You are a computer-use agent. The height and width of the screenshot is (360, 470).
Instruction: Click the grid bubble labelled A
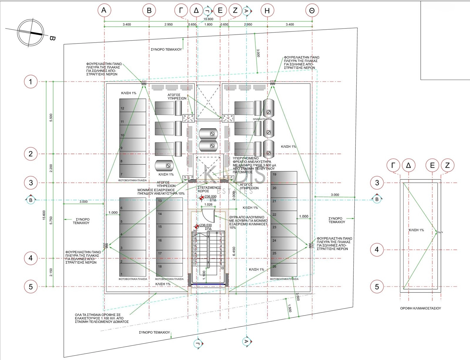[104, 11]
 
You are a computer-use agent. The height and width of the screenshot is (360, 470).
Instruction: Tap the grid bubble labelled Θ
[312, 11]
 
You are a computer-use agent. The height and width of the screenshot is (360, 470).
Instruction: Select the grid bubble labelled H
[267, 11]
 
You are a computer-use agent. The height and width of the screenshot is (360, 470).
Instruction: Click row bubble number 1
[31, 81]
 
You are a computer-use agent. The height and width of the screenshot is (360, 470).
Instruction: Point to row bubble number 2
[31, 154]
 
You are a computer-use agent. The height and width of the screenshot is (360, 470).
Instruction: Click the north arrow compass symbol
[30, 33]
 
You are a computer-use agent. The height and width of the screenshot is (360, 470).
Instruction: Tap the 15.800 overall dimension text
[208, 19]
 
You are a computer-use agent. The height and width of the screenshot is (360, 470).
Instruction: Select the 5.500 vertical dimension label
[51, 118]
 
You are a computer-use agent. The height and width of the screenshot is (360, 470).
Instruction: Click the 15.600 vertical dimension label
[44, 215]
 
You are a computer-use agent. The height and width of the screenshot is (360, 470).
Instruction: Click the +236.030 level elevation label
[205, 225]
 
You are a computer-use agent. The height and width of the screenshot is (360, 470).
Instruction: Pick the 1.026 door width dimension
[208, 204]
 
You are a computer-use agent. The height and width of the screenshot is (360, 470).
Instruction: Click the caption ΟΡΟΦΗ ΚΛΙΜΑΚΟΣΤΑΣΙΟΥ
[420, 308]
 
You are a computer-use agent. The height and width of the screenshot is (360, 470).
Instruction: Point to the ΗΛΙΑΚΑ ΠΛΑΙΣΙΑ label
[262, 119]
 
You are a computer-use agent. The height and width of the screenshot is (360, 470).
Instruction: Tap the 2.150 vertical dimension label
[51, 272]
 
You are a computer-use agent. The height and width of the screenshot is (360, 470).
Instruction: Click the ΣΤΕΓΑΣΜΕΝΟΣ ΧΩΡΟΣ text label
[209, 189]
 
